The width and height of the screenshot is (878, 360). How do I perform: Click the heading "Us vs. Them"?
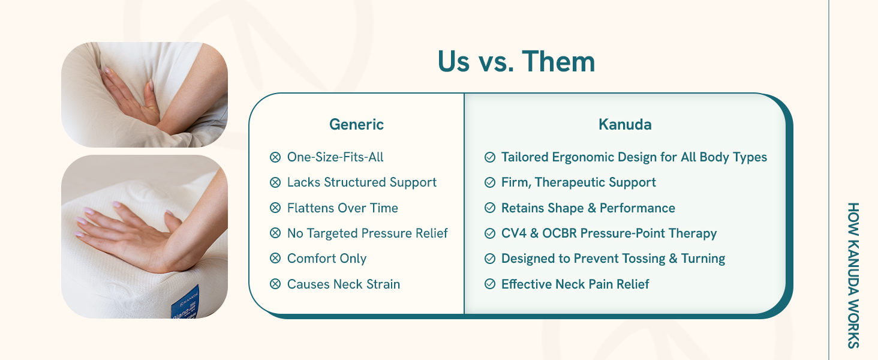click(516, 62)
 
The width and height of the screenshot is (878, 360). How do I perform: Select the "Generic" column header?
click(356, 125)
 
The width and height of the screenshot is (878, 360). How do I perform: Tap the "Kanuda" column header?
click(625, 125)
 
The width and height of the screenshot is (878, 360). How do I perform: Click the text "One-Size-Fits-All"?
click(335, 157)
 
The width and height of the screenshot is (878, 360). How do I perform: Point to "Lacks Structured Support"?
click(362, 182)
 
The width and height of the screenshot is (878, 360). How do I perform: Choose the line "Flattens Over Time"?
click(342, 208)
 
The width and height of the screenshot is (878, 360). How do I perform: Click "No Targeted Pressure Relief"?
click(367, 233)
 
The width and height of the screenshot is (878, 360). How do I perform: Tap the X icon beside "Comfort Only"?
click(275, 259)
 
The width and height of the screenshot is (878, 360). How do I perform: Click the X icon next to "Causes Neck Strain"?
click(275, 284)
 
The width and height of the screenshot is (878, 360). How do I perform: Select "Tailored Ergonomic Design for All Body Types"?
click(634, 157)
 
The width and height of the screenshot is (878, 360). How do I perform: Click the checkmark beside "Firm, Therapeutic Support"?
click(489, 182)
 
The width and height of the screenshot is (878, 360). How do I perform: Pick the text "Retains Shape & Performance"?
click(588, 208)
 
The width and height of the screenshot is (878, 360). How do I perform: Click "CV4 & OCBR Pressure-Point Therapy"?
click(609, 233)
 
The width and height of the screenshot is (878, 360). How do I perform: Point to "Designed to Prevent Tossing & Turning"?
click(613, 259)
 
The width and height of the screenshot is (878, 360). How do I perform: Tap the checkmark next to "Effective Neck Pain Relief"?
click(489, 284)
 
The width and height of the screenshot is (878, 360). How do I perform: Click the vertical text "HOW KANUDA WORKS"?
click(853, 275)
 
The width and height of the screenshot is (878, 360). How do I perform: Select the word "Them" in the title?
click(558, 62)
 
